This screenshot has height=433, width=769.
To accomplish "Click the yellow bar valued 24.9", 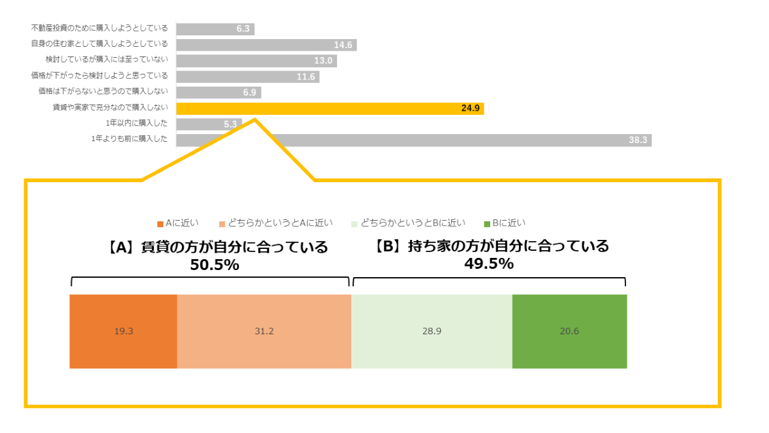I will [330, 108].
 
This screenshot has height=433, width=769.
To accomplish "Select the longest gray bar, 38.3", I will [413, 140].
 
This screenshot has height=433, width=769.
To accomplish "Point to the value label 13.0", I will [324, 61].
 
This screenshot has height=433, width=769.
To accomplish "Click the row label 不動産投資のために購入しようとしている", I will [99, 28].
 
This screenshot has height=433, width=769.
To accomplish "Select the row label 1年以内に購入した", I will [136, 123].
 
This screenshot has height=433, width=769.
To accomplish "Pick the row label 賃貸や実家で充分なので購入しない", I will [110, 108].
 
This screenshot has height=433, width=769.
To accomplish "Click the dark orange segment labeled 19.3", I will [123, 332].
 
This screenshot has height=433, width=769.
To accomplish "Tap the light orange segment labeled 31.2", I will [264, 332].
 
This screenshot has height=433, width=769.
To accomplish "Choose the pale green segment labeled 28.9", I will [432, 332].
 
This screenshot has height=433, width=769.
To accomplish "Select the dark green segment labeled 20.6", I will [569, 332].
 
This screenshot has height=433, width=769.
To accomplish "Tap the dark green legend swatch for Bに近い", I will [488, 224].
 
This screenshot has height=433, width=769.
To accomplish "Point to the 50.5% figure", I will [215, 264].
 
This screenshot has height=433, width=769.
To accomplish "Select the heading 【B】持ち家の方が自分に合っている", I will [492, 246].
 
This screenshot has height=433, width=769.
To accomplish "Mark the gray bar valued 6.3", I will [215, 29].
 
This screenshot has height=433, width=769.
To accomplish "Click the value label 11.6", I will [306, 77].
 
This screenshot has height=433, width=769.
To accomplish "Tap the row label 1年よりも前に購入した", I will [129, 139].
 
